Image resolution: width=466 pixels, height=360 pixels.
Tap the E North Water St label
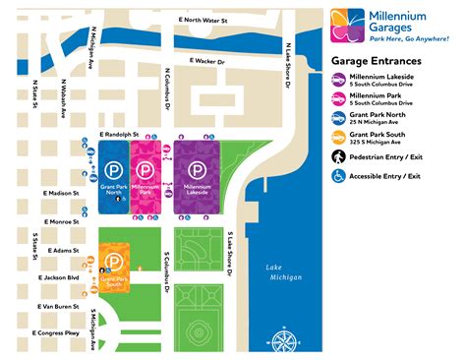[204, 20]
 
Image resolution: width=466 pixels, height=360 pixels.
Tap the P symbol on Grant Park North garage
[113, 168]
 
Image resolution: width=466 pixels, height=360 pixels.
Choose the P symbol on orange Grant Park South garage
[114, 263]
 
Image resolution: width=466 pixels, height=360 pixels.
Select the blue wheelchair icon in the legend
[338, 176]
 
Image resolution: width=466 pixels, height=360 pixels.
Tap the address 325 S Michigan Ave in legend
[385, 141]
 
